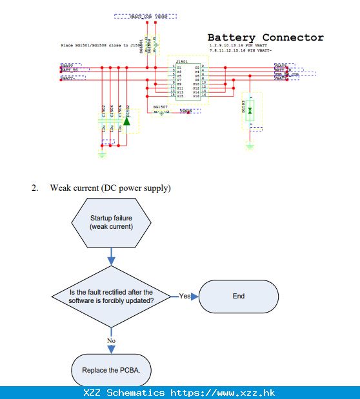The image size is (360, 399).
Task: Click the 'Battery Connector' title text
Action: coord(265,37)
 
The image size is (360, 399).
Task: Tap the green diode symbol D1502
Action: coord(127,121)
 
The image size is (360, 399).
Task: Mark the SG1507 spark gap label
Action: coord(160,106)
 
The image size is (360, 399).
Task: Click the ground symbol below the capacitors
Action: coord(101,155)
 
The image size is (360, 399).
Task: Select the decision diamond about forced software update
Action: coord(111,297)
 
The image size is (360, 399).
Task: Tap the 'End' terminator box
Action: coord(239,297)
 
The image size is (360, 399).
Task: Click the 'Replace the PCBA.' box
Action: coord(111,370)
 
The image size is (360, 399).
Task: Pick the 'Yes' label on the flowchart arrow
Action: coord(185,297)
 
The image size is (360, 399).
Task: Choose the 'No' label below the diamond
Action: coord(111,340)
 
